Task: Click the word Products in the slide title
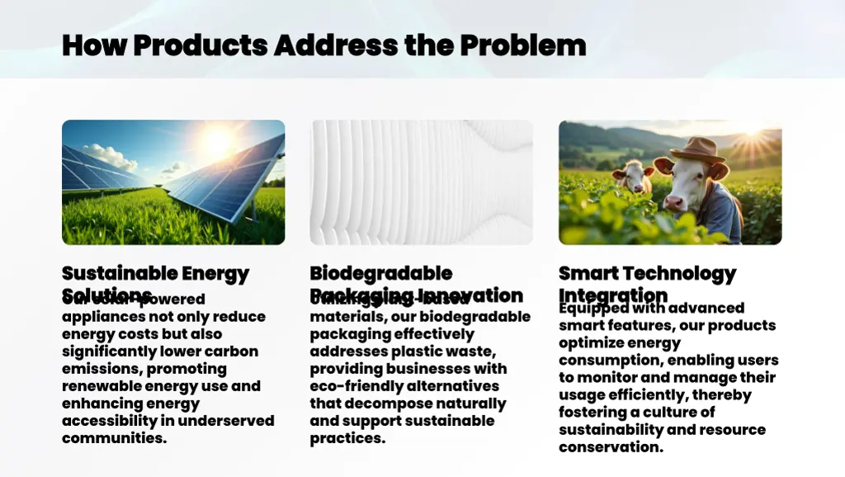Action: [201, 45]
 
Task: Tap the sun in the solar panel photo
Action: [219, 143]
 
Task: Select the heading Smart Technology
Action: [647, 273]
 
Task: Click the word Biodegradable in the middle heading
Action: [381, 273]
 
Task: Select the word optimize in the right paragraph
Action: [590, 342]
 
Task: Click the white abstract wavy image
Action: [421, 182]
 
